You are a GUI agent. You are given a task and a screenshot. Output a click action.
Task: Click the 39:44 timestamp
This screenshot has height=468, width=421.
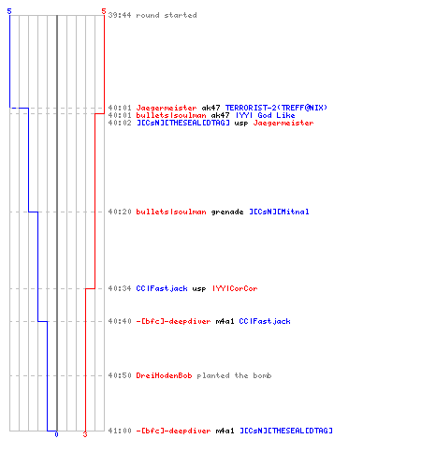120,15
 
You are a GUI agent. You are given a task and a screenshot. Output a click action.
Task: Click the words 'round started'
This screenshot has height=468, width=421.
167,15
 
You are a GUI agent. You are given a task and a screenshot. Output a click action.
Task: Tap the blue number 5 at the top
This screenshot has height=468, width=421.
9,11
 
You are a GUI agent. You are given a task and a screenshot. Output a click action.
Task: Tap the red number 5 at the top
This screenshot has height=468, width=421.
104,11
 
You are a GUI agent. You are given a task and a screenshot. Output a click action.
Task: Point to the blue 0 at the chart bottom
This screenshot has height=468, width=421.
56,434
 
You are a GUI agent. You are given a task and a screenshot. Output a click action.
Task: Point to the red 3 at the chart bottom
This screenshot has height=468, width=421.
85,434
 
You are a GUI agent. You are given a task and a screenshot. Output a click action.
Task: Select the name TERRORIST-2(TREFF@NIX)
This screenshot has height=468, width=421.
276,108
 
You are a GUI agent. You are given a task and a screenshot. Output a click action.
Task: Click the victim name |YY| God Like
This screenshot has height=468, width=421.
266,115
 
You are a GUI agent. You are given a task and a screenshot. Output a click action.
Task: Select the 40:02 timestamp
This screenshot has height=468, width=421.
120,123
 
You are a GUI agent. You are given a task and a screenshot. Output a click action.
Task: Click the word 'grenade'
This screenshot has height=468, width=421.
227,212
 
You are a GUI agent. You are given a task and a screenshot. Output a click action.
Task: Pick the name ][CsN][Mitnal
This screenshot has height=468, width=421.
279,212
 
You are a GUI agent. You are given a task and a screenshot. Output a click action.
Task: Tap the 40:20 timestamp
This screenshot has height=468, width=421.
120,212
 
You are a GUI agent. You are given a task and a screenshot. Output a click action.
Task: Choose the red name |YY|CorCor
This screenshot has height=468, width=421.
235,288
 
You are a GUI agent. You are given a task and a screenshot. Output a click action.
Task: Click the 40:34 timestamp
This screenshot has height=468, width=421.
120,288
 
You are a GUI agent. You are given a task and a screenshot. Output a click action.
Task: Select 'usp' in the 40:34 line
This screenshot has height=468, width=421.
199,289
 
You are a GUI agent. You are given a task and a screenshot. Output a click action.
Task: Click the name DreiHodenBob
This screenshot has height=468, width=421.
164,375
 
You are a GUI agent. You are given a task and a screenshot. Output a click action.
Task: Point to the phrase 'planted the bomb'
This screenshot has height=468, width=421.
234,375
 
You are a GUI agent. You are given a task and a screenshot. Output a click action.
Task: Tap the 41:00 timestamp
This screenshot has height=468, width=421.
120,431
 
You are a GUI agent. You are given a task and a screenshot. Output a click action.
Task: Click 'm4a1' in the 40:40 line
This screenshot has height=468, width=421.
225,321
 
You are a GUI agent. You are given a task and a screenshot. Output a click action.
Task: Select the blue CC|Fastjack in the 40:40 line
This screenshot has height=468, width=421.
265,321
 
